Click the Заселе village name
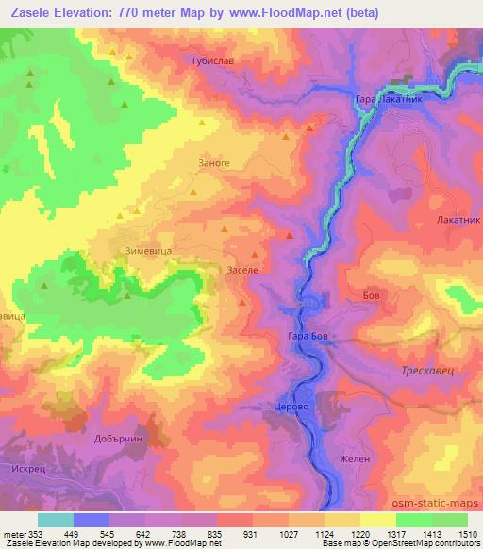[x=243, y=270]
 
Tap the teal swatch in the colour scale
[x=56, y=519]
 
